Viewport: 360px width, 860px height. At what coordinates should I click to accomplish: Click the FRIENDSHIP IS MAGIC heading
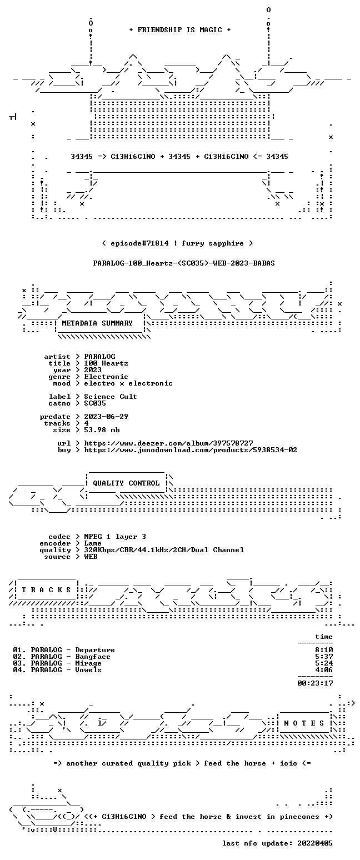click(x=179, y=30)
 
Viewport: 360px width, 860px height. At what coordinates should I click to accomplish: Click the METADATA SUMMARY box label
click(x=97, y=323)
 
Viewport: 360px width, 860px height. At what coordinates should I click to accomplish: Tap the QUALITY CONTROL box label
click(x=126, y=483)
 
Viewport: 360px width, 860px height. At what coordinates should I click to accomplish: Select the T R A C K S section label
click(x=46, y=589)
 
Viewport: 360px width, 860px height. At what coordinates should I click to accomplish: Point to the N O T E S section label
click(x=304, y=723)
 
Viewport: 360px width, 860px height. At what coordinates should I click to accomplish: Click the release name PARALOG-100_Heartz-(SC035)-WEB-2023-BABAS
click(x=184, y=263)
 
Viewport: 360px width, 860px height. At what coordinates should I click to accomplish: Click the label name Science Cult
click(x=111, y=397)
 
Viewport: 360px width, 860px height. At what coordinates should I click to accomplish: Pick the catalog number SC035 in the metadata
click(x=95, y=403)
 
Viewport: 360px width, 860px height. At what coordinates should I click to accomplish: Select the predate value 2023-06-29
click(x=106, y=417)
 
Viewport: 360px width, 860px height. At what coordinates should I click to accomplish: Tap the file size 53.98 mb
click(x=102, y=430)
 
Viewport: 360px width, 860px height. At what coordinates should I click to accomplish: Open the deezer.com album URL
click(x=168, y=443)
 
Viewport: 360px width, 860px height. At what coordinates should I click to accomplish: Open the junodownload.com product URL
click(x=191, y=450)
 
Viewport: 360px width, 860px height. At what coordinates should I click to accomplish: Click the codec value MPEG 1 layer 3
click(x=115, y=537)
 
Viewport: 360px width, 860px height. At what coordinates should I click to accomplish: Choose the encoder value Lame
click(x=93, y=543)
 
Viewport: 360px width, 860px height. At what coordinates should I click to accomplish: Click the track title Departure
click(x=95, y=650)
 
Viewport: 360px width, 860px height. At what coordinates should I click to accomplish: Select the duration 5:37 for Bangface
click(x=324, y=657)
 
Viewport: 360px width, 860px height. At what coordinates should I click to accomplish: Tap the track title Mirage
click(x=88, y=663)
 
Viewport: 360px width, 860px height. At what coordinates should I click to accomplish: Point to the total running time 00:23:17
click(x=315, y=683)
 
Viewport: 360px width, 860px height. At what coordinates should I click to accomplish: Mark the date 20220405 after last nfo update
click(x=315, y=843)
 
